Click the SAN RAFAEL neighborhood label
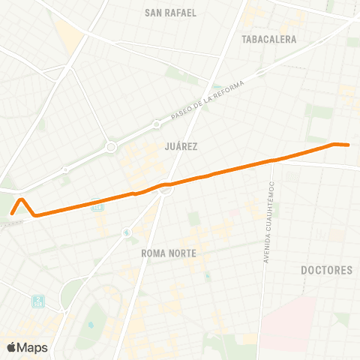tap(170, 13)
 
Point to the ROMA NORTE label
tap(168, 253)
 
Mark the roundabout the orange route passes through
tap(166, 189)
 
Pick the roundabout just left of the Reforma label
tap(156, 124)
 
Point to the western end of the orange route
tap(12, 212)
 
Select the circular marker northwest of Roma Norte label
tap(127, 232)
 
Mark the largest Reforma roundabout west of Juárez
tap(110, 147)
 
